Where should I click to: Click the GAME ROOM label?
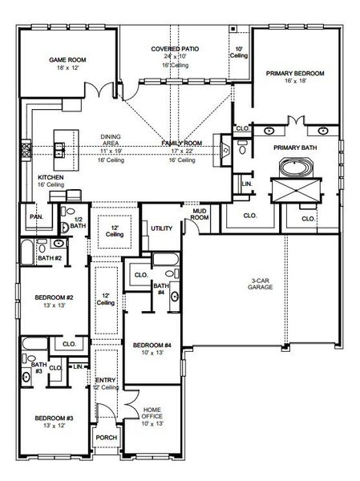point(67,60)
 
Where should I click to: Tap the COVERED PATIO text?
point(176,49)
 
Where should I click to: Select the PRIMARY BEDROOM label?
point(295,73)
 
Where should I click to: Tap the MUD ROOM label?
point(200,214)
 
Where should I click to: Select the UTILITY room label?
point(161,228)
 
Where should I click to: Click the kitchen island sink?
point(59,148)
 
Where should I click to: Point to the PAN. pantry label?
point(36,216)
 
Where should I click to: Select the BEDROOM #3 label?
point(55,418)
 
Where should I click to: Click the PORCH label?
point(107,438)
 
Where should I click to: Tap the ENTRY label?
point(105,380)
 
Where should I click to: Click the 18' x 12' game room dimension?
point(67,70)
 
